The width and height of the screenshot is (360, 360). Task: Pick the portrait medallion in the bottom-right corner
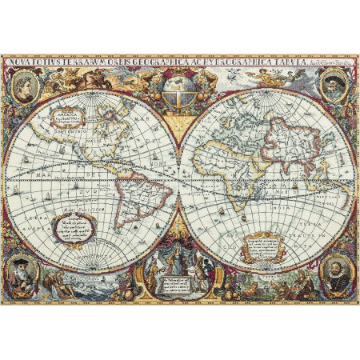click(335, 271)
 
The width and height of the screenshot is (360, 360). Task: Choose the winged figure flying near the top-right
click(268, 78)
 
